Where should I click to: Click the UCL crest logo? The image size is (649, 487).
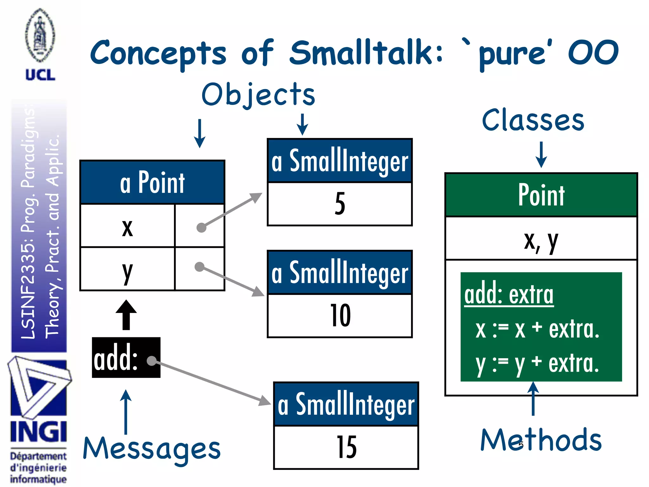pos(40,36)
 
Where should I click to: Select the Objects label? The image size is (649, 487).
pos(258,94)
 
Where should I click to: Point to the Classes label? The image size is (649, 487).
pos(533,120)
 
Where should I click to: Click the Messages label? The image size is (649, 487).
pos(151,448)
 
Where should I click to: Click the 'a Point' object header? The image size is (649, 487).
pos(152,182)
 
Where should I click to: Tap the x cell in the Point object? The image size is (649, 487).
pos(127,226)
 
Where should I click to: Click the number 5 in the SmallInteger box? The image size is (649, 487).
pos(340,204)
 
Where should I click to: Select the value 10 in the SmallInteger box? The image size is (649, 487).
pos(340,315)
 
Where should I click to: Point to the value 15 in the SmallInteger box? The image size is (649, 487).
pos(346,447)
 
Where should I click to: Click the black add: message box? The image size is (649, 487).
pos(126,358)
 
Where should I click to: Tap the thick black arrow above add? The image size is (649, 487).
pos(126,315)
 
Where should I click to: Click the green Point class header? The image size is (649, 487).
pos(541,195)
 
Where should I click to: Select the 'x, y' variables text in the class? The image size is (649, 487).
pos(541,241)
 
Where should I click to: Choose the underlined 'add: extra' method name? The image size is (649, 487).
pos(509,295)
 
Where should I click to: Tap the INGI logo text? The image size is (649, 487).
pos(38,432)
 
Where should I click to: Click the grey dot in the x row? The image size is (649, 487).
pos(201,227)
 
